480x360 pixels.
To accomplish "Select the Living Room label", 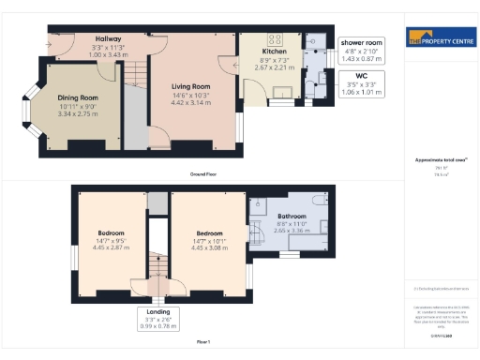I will [192, 87].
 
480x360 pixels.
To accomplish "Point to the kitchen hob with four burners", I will [276, 39].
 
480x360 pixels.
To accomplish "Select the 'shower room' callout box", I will [361, 51].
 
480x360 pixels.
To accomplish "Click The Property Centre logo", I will [439, 39].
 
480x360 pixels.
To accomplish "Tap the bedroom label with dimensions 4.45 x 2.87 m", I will [112, 239].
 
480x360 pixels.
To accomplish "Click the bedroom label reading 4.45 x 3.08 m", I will [210, 240].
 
